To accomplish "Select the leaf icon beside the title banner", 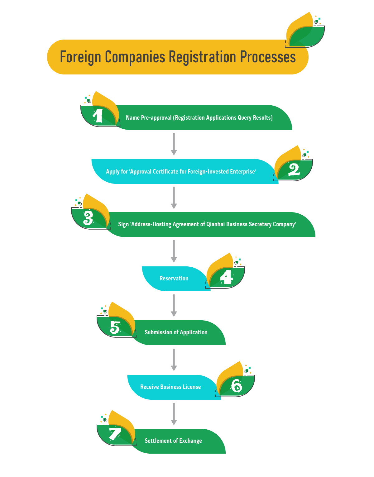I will click(305, 31).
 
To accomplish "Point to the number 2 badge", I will click(294, 170).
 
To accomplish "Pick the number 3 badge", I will click(88, 218).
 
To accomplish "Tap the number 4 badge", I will click(227, 277).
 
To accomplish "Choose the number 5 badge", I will click(115, 328).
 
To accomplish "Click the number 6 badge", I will click(237, 386).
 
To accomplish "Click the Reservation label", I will click(174, 279).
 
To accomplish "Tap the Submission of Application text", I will click(176, 332).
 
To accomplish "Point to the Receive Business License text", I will click(170, 387).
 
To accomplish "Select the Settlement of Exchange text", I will click(173, 441).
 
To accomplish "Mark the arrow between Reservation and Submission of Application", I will click(174, 305).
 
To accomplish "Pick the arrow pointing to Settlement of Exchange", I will click(174, 414).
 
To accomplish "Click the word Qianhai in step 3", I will click(216, 224).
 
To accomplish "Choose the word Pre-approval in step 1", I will click(156, 118).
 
